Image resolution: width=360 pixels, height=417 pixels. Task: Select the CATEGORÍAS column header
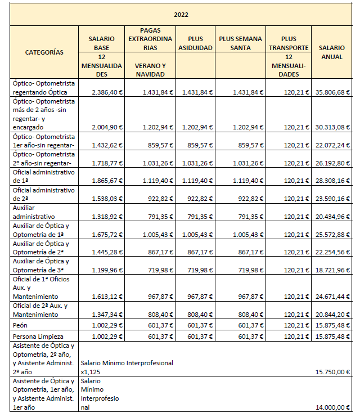tap(44, 52)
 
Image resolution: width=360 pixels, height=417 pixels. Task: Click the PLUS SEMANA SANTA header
tap(240, 43)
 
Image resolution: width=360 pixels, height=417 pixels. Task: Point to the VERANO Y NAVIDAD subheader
tap(150, 69)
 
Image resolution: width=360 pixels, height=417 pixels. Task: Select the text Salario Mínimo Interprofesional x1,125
tap(127, 367)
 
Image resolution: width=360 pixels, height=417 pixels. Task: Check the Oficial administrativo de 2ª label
tap(43, 195)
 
